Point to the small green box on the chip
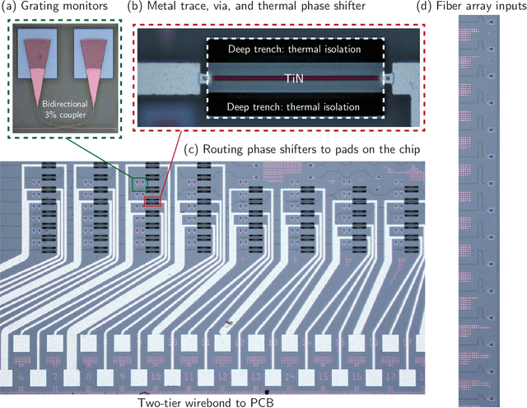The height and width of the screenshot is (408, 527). click(x=141, y=184)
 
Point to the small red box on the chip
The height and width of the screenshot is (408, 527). click(x=152, y=200)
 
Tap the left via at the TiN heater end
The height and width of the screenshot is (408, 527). click(x=202, y=78)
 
